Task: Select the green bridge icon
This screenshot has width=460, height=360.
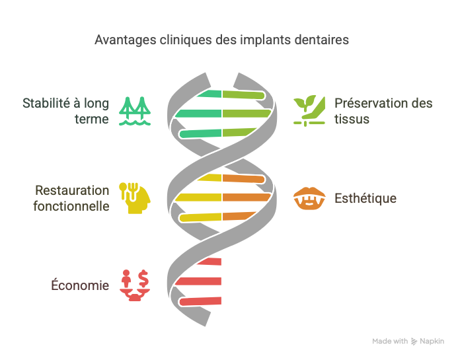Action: click(135, 111)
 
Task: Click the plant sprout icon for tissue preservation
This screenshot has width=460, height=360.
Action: click(309, 111)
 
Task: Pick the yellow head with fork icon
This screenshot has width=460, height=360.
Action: click(135, 198)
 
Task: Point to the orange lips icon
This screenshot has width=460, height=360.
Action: click(309, 198)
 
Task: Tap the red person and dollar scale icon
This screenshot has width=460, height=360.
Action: click(135, 285)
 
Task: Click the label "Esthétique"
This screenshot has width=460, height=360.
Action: click(365, 198)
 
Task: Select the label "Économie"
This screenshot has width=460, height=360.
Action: click(80, 285)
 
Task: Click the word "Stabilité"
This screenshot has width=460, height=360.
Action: click(46, 103)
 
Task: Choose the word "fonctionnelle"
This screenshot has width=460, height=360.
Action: click(71, 206)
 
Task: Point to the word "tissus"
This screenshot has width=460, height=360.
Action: click(352, 120)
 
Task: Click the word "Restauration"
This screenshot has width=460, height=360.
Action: click(72, 190)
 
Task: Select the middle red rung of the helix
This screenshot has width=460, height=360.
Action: click(198, 281)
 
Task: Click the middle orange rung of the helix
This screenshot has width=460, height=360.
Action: click(247, 198)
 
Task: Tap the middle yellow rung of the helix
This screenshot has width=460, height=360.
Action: click(198, 198)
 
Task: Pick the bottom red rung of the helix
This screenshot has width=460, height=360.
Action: click(200, 301)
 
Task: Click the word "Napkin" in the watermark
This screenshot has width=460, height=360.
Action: click(432, 342)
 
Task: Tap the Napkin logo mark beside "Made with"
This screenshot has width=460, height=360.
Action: click(414, 342)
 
